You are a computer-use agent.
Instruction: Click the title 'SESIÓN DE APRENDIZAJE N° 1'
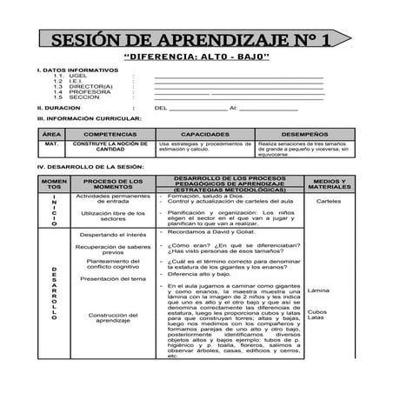[x=190, y=41]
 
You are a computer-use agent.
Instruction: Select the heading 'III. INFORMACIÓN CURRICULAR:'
[x=83, y=117]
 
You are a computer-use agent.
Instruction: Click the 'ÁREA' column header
[x=52, y=134]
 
